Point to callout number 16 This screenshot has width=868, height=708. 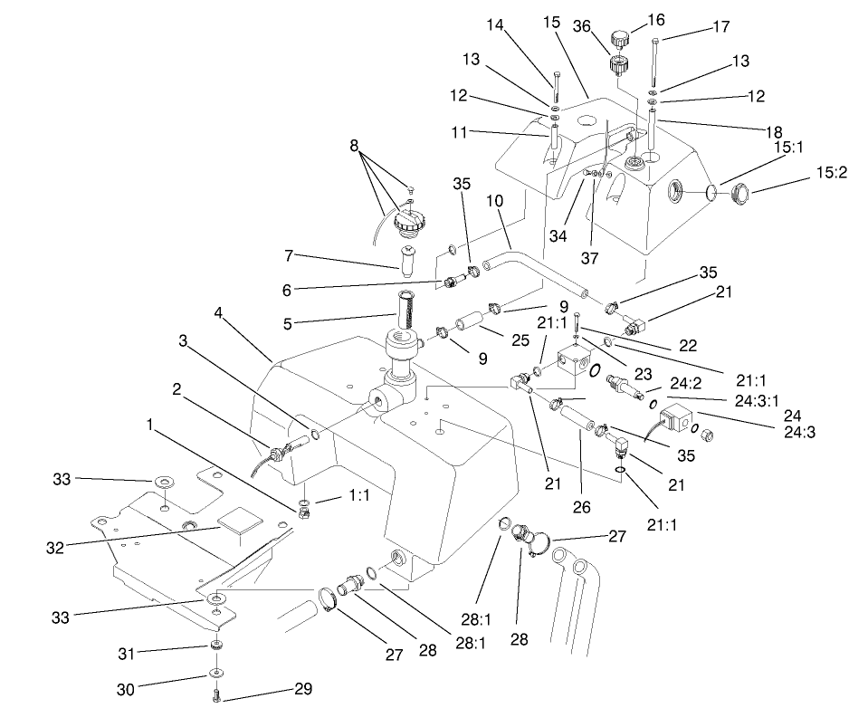656,19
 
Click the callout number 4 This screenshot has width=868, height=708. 217,313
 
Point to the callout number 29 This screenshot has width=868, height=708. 303,689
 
